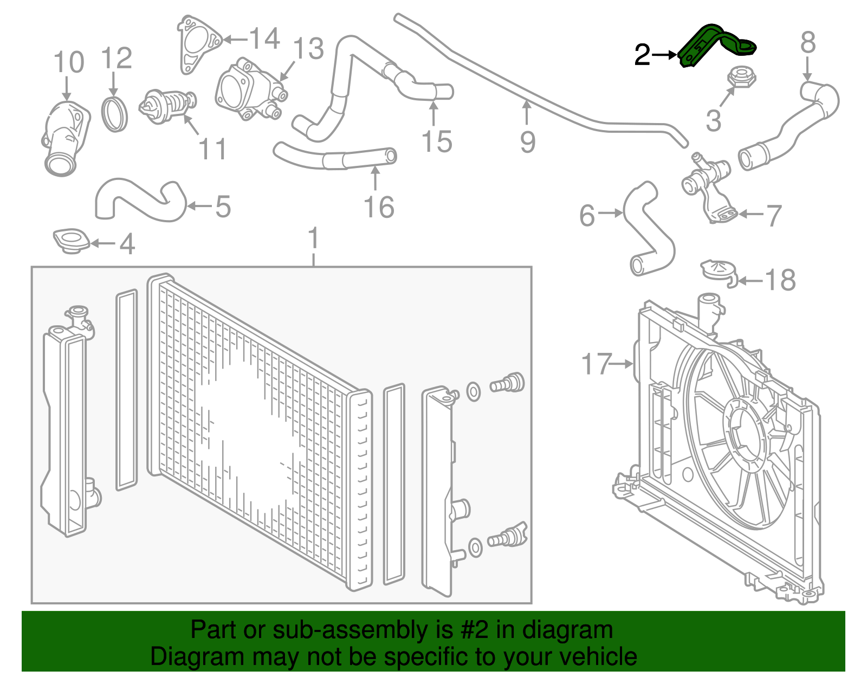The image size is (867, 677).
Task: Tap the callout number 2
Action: (x=642, y=55)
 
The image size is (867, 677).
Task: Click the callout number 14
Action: (x=264, y=39)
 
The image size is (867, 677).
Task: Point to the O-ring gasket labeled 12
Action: (x=115, y=114)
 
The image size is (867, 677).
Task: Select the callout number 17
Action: (x=596, y=364)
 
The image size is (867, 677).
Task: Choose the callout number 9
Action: (x=527, y=142)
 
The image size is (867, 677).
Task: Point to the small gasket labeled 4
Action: (x=70, y=241)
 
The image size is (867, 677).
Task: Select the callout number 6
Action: (x=587, y=216)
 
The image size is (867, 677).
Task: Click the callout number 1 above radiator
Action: (x=313, y=240)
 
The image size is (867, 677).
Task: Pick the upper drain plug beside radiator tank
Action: (x=507, y=383)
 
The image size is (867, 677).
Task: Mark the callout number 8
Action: (x=807, y=42)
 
